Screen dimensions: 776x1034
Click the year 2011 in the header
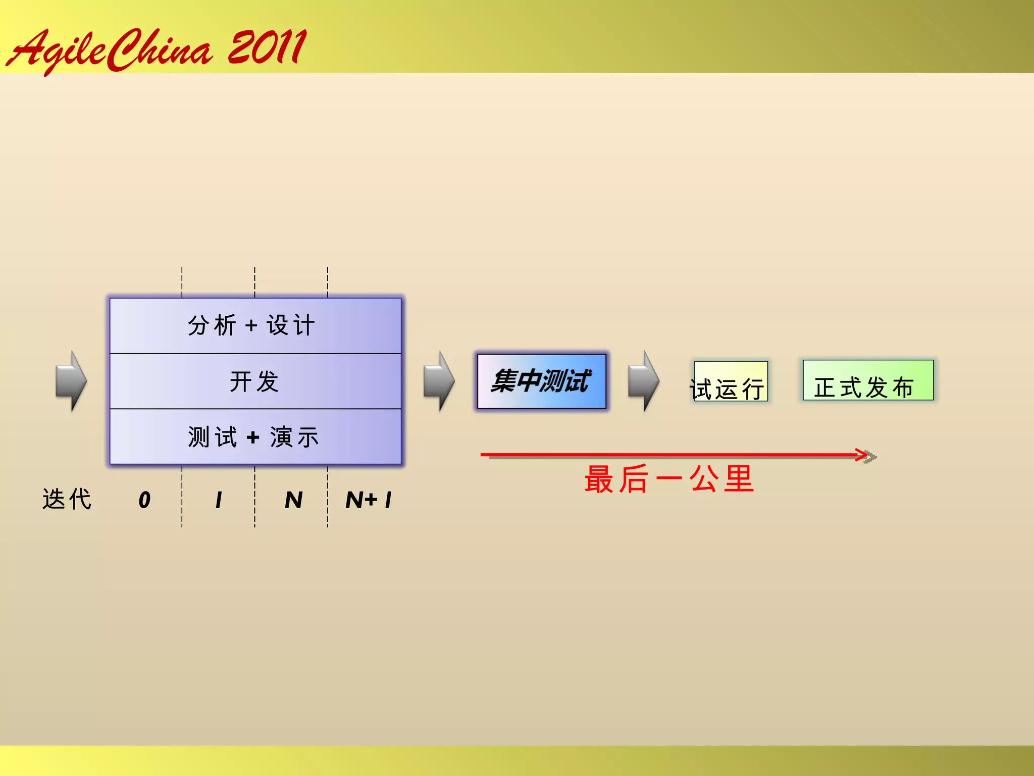[267, 47]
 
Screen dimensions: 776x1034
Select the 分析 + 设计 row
[255, 325]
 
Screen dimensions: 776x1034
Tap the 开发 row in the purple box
[255, 381]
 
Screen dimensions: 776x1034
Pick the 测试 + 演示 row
[255, 437]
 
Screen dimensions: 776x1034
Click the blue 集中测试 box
[541, 381]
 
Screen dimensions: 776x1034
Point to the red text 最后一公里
[668, 479]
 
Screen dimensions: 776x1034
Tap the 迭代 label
[67, 500]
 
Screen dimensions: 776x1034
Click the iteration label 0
[144, 500]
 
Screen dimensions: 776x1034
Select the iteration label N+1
[369, 500]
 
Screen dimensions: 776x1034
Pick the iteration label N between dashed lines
[293, 500]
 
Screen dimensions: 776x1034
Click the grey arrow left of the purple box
[71, 381]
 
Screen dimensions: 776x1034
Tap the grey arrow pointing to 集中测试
[439, 381]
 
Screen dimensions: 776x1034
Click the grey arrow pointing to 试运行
[644, 381]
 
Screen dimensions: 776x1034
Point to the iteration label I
[219, 500]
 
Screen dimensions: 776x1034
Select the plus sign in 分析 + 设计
[251, 326]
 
